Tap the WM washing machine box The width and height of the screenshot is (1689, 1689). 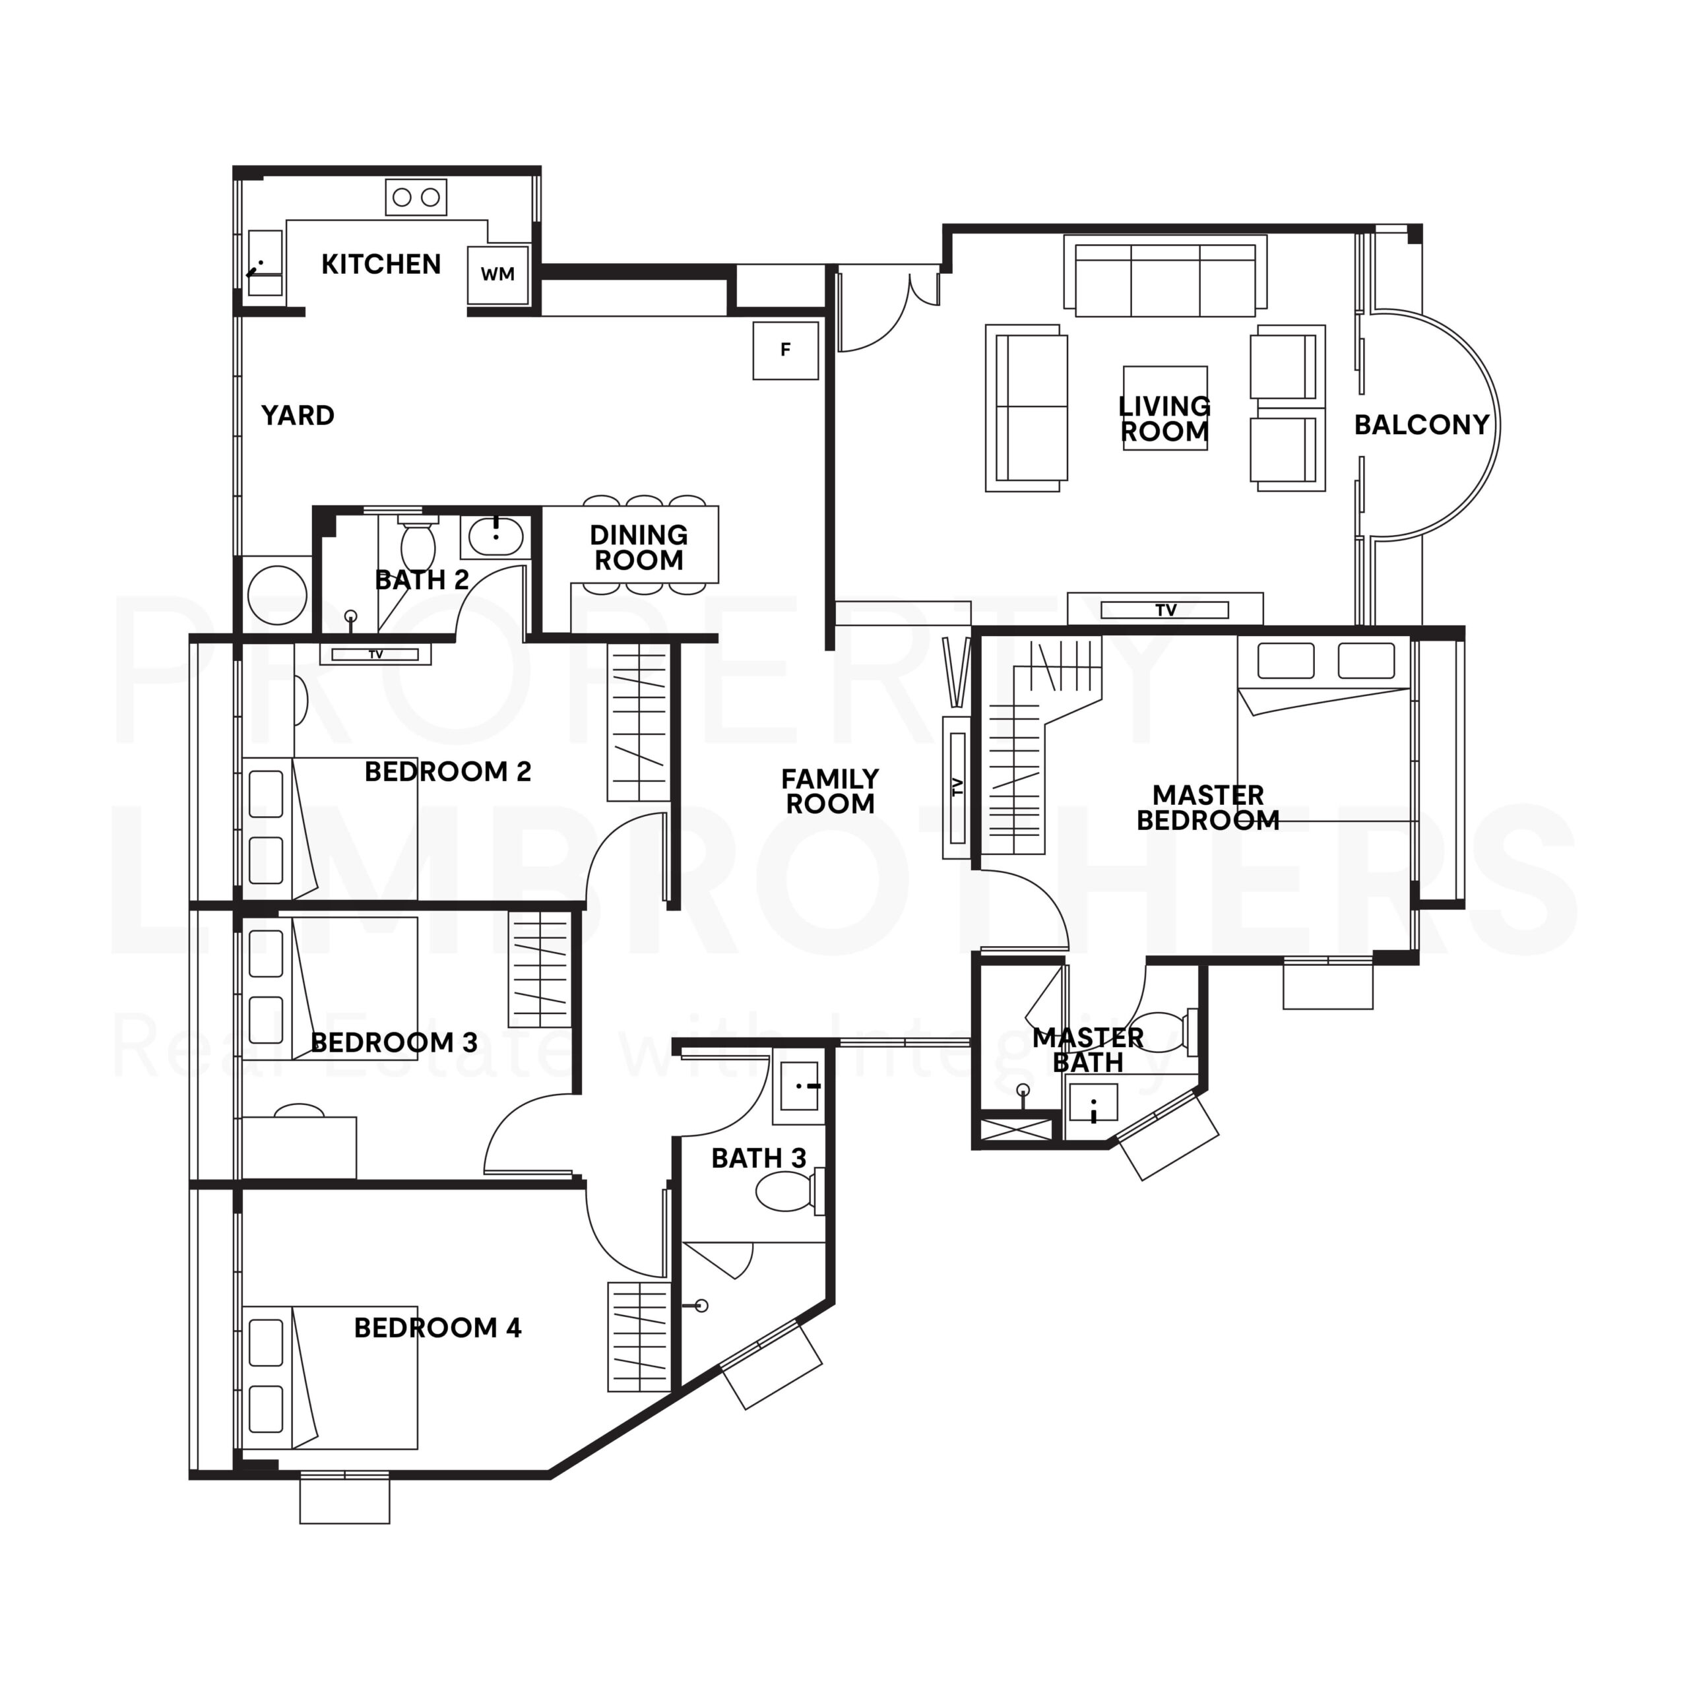click(x=497, y=274)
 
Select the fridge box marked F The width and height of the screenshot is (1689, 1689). click(x=785, y=350)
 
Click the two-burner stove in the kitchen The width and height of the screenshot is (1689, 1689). click(x=416, y=197)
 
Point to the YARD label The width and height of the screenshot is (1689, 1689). click(x=298, y=415)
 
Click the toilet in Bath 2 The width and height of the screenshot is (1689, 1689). click(x=418, y=544)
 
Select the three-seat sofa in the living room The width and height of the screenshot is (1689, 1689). click(x=1164, y=278)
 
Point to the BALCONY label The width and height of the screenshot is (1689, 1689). click(x=1420, y=425)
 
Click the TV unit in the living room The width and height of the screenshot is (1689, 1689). click(x=1164, y=610)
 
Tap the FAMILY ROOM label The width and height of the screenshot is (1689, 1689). click(x=829, y=791)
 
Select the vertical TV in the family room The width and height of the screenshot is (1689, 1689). click(x=957, y=787)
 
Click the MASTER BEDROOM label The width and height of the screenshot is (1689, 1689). click(x=1207, y=807)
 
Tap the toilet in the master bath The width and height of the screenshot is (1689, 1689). click(x=1164, y=1032)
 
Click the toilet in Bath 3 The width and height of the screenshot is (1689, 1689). click(x=784, y=1192)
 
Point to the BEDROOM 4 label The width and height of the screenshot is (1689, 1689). click(x=437, y=1328)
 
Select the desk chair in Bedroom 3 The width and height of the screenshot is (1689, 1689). click(x=299, y=1110)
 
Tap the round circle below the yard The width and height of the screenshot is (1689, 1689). click(x=277, y=594)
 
